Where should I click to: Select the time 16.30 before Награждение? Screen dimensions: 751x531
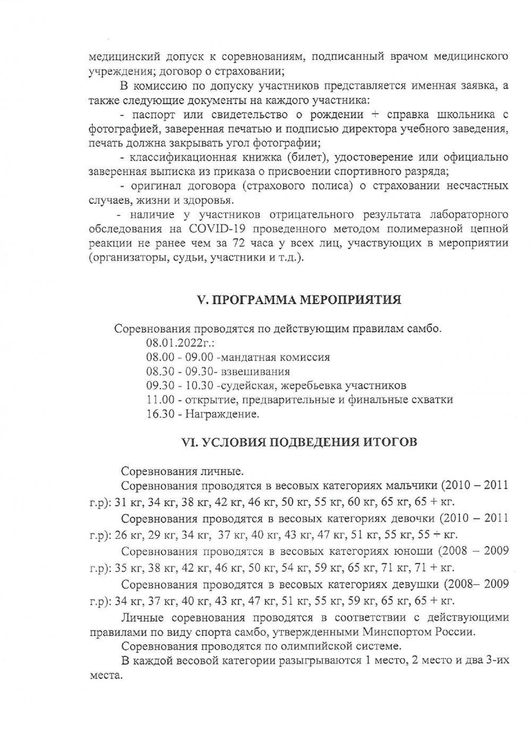click(x=161, y=414)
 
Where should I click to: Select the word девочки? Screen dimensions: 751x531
click(x=413, y=518)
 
